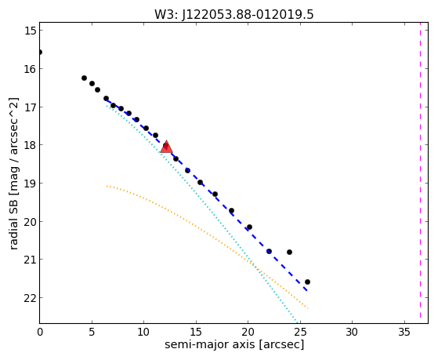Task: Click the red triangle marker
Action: coord(166,147)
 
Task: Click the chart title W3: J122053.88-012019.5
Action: coord(234,14)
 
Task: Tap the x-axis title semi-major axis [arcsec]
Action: coord(234,344)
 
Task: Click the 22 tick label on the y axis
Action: coord(31,298)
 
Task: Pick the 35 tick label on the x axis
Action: coord(404,332)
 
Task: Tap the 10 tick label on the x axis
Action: coord(143,332)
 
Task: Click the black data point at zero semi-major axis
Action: coord(40,53)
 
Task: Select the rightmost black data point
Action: coord(307,282)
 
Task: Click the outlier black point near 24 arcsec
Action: coord(289,252)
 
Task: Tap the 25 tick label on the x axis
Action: coord(300,332)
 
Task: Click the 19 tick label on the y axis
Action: coord(31,184)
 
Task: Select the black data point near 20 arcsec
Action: coord(249,227)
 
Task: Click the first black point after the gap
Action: coord(84,78)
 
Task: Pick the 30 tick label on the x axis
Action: coord(352,332)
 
